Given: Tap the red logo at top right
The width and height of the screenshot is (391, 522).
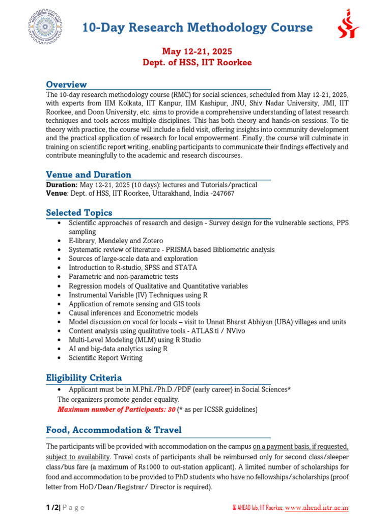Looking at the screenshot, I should pyautogui.click(x=349, y=24).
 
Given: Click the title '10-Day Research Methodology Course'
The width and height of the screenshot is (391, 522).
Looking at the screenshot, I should pyautogui.click(x=198, y=28).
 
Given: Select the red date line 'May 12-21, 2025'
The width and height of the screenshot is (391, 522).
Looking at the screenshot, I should pyautogui.click(x=197, y=51).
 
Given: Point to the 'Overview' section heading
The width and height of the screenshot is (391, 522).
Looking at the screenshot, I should pyautogui.click(x=66, y=85).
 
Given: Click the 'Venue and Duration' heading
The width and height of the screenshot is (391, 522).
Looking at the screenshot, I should pyautogui.click(x=89, y=175).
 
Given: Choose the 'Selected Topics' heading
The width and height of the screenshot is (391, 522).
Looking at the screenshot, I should pyautogui.click(x=79, y=213).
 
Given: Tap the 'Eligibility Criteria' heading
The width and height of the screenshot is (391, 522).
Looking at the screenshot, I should pyautogui.click(x=84, y=378).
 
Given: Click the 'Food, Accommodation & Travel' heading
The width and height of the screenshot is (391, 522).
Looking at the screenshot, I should pyautogui.click(x=114, y=430).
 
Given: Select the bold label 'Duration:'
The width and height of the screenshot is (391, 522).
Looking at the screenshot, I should pyautogui.click(x=62, y=185).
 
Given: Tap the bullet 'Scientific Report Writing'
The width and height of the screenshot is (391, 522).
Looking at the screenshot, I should pyautogui.click(x=106, y=358).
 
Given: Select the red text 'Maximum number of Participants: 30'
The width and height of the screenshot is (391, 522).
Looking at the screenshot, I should pyautogui.click(x=117, y=409).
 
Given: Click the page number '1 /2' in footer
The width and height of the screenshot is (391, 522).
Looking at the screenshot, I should pyautogui.click(x=52, y=507).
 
